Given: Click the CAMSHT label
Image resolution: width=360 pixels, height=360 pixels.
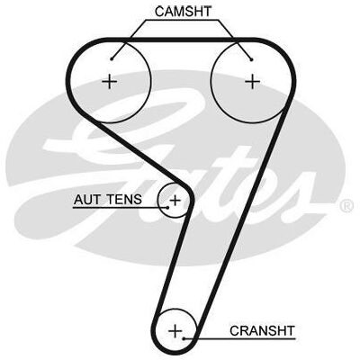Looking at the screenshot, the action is tap(183, 12).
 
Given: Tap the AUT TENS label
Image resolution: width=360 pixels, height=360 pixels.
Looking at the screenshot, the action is tap(108, 200).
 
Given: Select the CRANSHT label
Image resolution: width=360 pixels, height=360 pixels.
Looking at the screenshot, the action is tap(263, 331).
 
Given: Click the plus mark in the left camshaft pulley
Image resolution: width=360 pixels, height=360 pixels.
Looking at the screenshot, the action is tap(110, 82).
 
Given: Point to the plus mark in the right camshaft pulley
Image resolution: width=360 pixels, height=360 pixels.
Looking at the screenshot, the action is tap(253, 82).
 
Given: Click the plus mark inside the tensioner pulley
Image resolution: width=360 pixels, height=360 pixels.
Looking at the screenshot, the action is tap(175, 200).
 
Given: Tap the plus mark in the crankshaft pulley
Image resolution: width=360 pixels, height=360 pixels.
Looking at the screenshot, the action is tap(175, 331).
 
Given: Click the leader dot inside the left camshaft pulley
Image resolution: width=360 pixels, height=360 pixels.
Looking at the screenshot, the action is tap(112, 59).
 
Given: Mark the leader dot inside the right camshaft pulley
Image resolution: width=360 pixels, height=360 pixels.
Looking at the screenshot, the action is tap(252, 59).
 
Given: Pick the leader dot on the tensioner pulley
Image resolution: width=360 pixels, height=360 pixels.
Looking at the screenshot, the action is tap(168, 207).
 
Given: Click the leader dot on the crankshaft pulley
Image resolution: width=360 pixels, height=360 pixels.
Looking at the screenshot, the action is tap(184, 338).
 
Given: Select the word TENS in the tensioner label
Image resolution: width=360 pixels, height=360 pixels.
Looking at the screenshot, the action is tap(124, 200).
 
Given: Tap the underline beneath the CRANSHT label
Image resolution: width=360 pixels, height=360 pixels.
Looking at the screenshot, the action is tap(239, 339).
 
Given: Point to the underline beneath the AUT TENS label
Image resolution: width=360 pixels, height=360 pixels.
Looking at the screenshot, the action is tap(121, 207).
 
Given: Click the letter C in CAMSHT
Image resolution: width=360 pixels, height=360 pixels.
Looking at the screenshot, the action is tap(159, 12).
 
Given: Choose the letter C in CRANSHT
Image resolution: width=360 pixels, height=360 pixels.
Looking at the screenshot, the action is tap(235, 331).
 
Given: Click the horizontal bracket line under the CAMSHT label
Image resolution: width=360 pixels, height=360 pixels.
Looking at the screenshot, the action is tap(183, 21).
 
